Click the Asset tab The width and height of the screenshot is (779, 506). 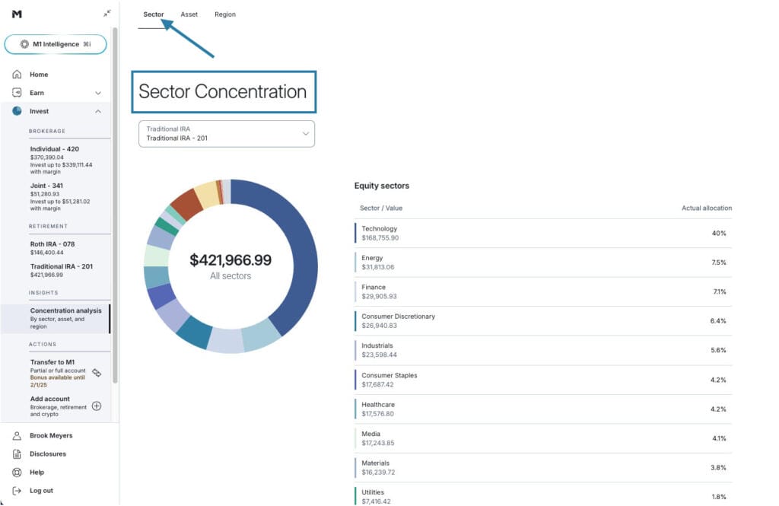click(189, 14)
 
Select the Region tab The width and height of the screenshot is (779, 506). click(225, 14)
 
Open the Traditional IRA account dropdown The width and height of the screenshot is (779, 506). click(227, 134)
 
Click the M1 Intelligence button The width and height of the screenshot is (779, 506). click(56, 44)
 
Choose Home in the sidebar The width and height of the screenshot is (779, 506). click(39, 75)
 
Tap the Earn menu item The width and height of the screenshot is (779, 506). click(37, 93)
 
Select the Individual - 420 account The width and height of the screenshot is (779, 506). click(55, 149)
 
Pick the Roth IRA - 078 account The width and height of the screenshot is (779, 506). click(52, 244)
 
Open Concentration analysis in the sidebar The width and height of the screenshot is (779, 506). click(65, 310)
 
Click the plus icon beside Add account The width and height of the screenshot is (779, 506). click(97, 406)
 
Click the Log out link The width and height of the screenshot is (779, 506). click(41, 491)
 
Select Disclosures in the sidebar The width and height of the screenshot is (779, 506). click(48, 454)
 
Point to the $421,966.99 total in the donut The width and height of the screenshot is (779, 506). click(231, 260)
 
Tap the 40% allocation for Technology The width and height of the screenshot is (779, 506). click(719, 234)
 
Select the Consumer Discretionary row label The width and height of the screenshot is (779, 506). click(398, 317)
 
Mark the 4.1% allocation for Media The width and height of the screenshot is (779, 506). click(719, 438)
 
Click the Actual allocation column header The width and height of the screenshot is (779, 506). click(707, 208)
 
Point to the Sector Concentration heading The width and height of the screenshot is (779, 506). click(222, 92)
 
